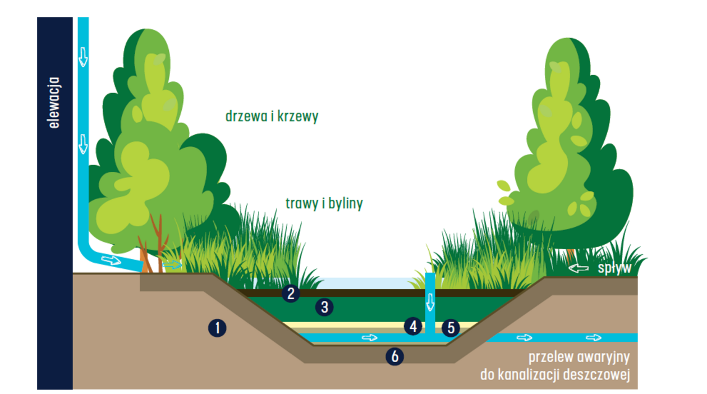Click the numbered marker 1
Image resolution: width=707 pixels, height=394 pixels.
[x=217, y=328]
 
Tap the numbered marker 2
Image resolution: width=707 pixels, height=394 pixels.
[x=290, y=293]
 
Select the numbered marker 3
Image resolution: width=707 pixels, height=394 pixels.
[x=324, y=307]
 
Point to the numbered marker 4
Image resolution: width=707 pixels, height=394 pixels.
[x=414, y=326]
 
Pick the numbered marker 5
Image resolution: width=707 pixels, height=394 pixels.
[x=451, y=327]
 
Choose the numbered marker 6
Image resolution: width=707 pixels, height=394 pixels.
[x=395, y=355]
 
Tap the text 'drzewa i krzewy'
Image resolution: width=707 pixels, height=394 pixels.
[x=272, y=116]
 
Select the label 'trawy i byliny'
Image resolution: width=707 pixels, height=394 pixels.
[x=324, y=203]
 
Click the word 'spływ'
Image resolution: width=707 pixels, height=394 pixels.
[x=614, y=268]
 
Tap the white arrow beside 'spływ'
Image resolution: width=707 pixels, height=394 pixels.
[x=580, y=269]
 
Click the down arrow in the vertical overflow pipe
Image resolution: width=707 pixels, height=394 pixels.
[x=430, y=302]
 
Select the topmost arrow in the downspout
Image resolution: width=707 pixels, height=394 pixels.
[x=83, y=56]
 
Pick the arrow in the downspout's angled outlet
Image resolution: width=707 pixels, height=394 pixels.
[x=111, y=259]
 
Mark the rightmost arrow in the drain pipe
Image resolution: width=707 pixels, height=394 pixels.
[x=594, y=337]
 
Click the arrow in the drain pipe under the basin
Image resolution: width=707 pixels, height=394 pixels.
[x=369, y=337]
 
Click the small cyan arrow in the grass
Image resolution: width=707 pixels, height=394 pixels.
[x=172, y=264]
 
